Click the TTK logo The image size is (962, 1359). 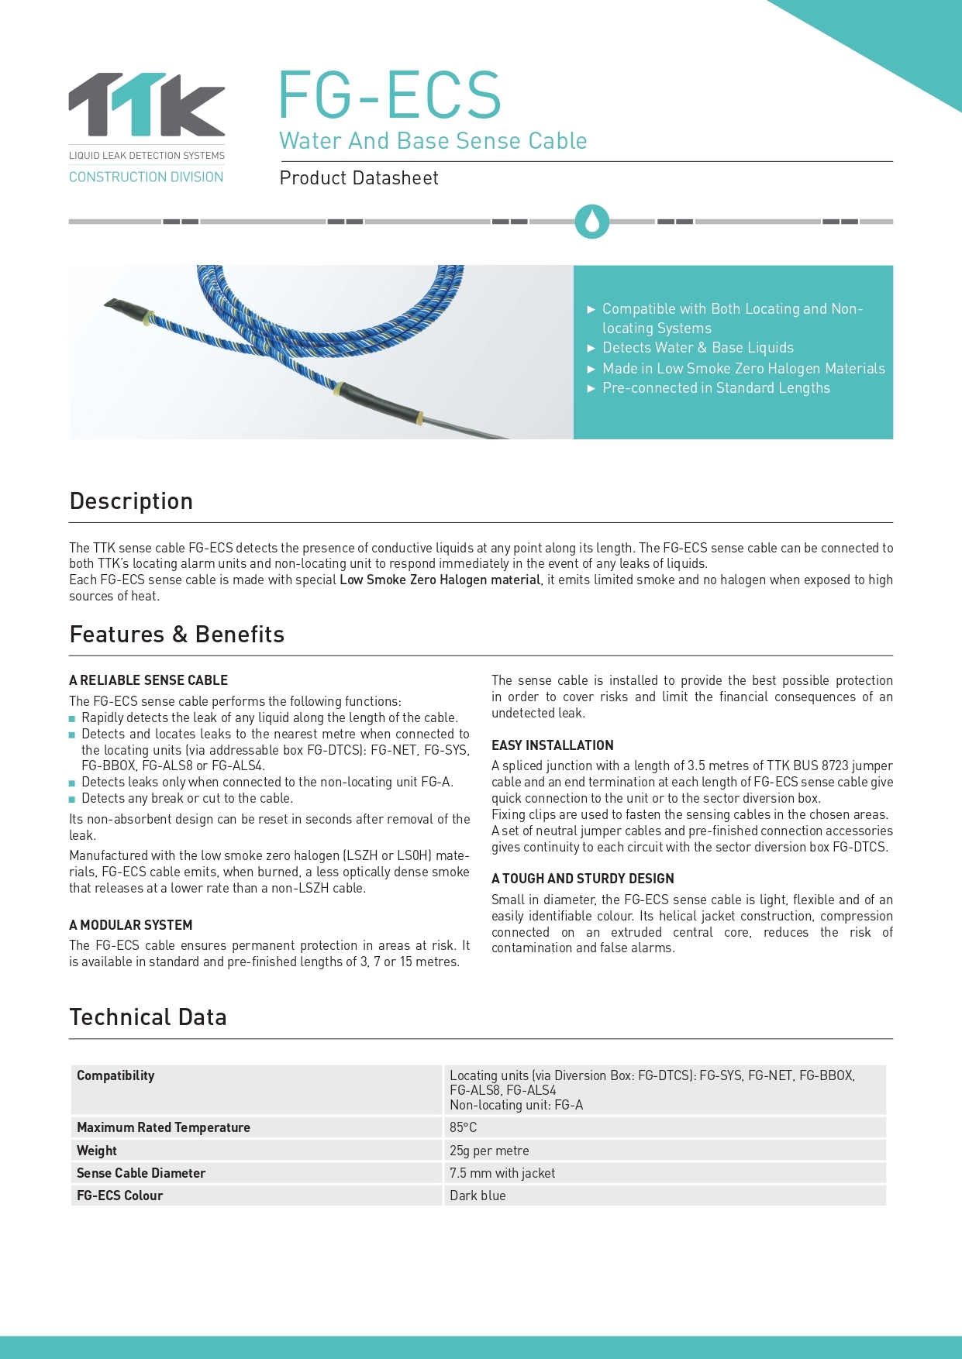(x=147, y=105)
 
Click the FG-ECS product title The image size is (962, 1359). (x=390, y=95)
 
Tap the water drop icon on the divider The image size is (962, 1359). (x=592, y=222)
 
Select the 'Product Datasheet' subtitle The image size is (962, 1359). (x=359, y=178)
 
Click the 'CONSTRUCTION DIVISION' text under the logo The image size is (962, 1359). (x=146, y=177)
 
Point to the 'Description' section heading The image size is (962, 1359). (x=131, y=501)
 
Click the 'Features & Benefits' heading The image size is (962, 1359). (x=177, y=635)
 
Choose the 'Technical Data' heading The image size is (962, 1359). (x=148, y=1017)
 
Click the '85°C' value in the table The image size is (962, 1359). (x=464, y=1127)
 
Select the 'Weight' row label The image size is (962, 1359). (x=97, y=1151)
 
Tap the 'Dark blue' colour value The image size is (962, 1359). (x=478, y=1196)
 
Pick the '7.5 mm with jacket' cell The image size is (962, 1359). (x=502, y=1173)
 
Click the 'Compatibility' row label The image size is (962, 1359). (x=116, y=1075)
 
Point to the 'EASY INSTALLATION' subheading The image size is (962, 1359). (x=553, y=745)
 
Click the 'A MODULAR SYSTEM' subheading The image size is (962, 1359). (x=130, y=925)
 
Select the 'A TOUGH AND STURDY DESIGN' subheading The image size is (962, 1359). (x=583, y=879)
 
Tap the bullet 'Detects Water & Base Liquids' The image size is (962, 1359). (x=698, y=348)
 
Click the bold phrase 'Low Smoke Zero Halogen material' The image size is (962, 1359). (x=440, y=580)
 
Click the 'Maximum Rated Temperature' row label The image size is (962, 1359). (x=164, y=1127)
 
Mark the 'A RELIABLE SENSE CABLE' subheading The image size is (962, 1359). (x=148, y=680)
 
